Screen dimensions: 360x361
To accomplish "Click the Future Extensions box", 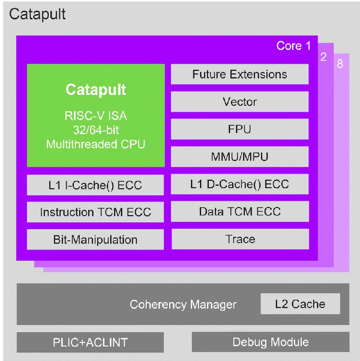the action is (x=239, y=74).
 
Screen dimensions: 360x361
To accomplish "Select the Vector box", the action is (x=239, y=102).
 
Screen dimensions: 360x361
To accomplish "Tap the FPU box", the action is (x=239, y=129).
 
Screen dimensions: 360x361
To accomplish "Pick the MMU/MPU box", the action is (x=239, y=157).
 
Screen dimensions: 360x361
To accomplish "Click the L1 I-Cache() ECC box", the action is (x=95, y=185).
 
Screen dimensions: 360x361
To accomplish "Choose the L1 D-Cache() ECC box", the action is (x=239, y=184).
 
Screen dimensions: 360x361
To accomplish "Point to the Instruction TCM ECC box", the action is (x=95, y=212).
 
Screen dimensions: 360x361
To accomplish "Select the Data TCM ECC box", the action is (x=240, y=212).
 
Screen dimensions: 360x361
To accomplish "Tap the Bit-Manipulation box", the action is (x=95, y=239).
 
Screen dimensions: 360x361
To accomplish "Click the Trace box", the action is (x=240, y=239).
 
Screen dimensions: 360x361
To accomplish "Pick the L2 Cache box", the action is (x=300, y=304).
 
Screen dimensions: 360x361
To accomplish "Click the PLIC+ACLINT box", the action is (x=90, y=343).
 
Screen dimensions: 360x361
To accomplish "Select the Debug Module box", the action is (x=271, y=342).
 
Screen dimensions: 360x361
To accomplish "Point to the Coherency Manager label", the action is (x=183, y=304).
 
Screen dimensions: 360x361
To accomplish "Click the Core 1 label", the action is (x=293, y=45).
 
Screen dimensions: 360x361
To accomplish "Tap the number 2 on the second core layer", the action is (x=324, y=57).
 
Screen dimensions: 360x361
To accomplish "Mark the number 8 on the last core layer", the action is (x=340, y=64).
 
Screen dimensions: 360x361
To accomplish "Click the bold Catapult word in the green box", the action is (x=96, y=90).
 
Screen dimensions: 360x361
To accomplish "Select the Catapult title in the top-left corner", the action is (x=37, y=14).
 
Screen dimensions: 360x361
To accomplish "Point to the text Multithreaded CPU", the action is (x=95, y=144).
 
